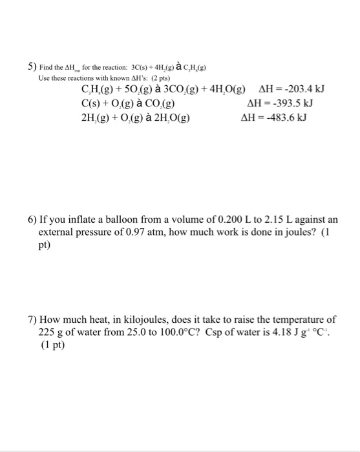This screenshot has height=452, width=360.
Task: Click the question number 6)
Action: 32,220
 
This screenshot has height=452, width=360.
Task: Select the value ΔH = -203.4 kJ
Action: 290,88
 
